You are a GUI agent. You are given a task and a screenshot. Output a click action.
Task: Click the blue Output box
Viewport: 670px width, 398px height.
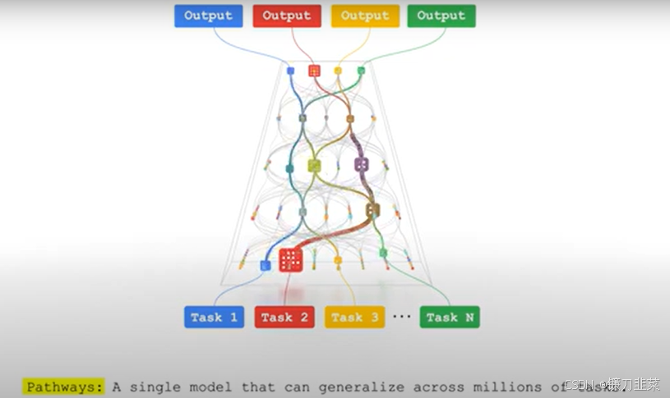(208, 16)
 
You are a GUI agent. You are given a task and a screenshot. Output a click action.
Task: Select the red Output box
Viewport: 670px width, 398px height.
(287, 16)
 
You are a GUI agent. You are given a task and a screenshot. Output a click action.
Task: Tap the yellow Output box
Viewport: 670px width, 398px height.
(364, 16)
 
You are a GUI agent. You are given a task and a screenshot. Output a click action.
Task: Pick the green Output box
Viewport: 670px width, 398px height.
(441, 16)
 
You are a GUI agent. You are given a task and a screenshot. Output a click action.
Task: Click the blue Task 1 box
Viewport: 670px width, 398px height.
(214, 317)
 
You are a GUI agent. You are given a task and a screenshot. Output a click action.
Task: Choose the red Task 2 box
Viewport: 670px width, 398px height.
(285, 317)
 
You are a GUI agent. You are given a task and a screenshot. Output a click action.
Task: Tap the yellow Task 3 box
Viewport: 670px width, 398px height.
(355, 317)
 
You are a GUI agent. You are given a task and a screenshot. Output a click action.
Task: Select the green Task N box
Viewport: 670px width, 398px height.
(450, 317)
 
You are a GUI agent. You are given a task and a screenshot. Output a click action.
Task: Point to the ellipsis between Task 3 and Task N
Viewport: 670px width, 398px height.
(401, 317)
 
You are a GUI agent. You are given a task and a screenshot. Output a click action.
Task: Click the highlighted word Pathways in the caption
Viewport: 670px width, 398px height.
(65, 387)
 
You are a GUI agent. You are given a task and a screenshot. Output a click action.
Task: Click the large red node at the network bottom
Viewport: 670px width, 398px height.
(290, 260)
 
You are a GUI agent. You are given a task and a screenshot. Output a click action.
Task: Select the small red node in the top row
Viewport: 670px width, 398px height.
(314, 71)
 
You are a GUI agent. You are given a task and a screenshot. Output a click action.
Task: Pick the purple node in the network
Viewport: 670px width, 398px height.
(362, 164)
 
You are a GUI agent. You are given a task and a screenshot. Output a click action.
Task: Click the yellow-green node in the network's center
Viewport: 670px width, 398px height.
(313, 166)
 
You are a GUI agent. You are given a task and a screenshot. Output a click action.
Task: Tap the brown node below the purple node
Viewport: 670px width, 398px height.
(372, 210)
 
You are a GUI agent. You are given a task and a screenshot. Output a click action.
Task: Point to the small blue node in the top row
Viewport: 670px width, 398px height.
(290, 71)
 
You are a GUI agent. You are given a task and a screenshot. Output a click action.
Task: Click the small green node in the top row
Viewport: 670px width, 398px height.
(361, 71)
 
